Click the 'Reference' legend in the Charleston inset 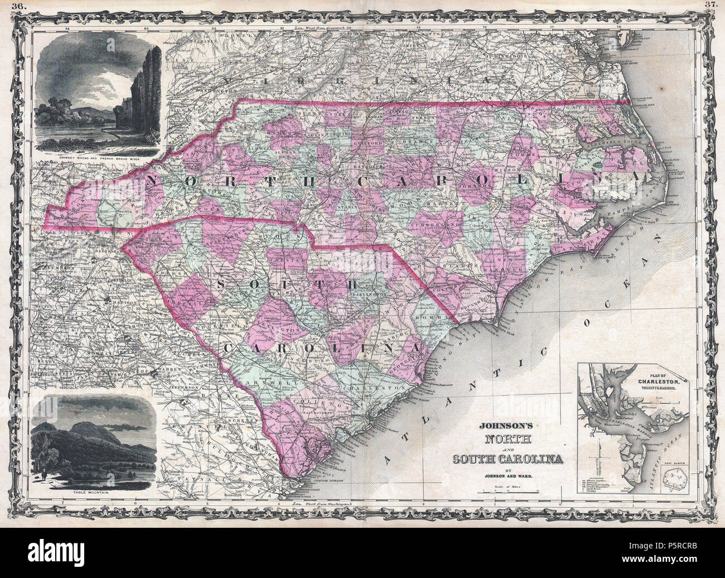(x=597, y=470)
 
